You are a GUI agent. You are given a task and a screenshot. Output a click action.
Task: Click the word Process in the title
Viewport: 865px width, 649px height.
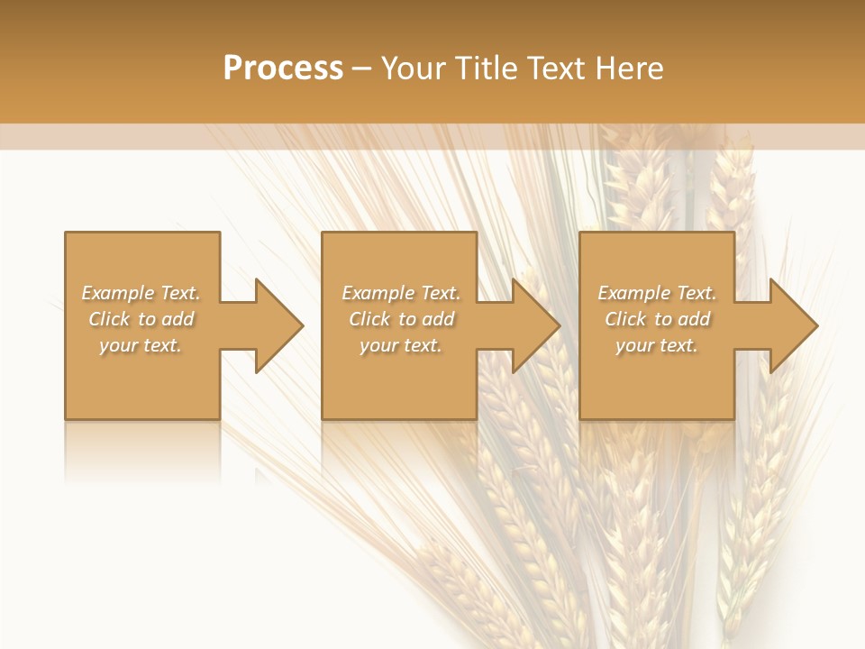tap(283, 69)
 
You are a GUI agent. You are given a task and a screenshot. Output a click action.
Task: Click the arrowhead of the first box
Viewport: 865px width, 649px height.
tap(279, 325)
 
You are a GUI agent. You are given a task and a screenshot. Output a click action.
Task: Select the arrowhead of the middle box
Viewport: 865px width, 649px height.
tap(536, 325)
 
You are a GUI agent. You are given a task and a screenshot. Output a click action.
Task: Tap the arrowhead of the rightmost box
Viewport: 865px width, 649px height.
tap(794, 325)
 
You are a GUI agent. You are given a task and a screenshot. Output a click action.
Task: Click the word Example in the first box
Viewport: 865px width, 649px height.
tap(118, 293)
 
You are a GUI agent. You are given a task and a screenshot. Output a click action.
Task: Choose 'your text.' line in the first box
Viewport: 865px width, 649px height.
tap(141, 345)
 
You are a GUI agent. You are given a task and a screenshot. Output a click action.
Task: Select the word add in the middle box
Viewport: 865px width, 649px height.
tap(437, 319)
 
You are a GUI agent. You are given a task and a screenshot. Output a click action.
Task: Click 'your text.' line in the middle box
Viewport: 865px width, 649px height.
tap(400, 345)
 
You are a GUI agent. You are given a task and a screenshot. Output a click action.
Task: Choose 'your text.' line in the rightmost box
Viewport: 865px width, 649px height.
tap(656, 345)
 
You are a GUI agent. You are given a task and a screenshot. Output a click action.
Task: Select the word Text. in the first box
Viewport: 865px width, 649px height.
tap(180, 293)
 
